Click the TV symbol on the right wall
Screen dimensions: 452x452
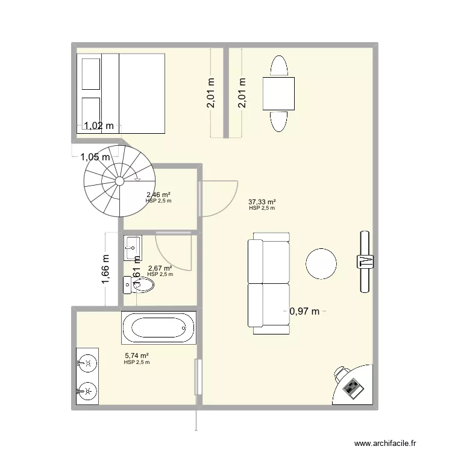(x=364, y=261)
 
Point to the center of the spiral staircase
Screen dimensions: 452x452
(x=119, y=180)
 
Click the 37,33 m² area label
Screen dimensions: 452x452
(x=262, y=202)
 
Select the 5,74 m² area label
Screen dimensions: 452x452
(x=137, y=356)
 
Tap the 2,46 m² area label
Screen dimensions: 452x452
(x=159, y=195)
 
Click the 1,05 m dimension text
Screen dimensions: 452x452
(x=96, y=157)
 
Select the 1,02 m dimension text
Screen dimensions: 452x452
(x=99, y=126)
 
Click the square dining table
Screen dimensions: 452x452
(x=278, y=93)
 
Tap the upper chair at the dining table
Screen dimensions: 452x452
(x=278, y=66)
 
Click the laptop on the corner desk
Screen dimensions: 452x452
(x=353, y=386)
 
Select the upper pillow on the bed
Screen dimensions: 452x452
(x=90, y=72)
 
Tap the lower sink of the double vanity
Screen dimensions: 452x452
(x=87, y=391)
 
